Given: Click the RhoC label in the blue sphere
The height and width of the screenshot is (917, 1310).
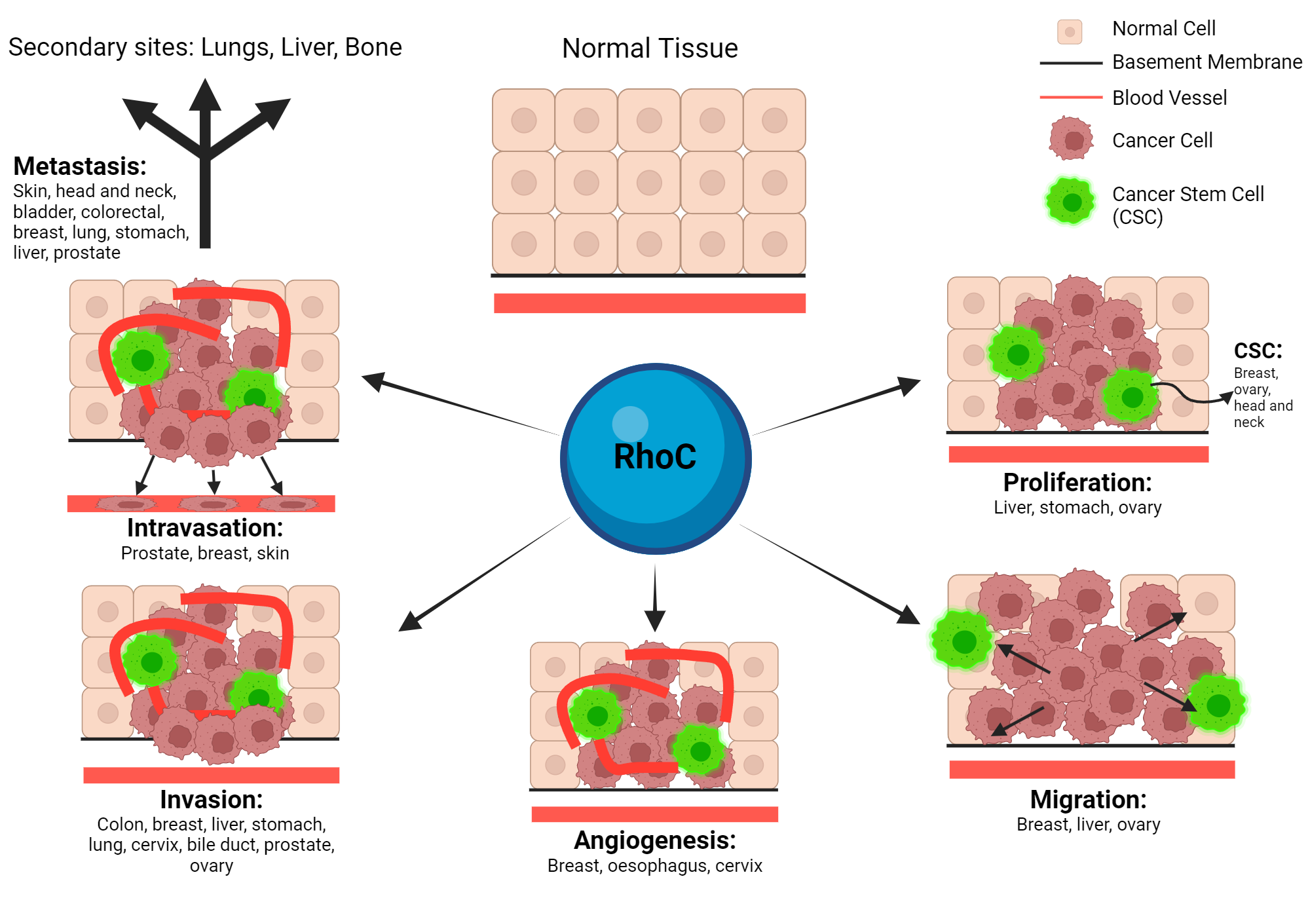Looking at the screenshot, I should [654, 457].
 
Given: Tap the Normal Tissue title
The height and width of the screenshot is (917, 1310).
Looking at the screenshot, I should [650, 48].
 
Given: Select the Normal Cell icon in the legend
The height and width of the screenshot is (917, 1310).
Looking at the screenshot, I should [1069, 31].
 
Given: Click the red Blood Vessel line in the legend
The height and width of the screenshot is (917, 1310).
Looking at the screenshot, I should [1071, 98].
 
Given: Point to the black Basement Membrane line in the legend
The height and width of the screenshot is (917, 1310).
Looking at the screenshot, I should [1071, 64].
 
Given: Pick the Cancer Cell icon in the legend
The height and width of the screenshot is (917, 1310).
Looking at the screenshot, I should [1071, 139].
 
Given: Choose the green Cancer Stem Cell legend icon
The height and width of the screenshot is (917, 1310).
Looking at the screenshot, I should [1070, 201].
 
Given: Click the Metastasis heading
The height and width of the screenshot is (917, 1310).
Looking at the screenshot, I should [80, 166].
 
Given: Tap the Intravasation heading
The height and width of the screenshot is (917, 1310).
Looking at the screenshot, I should [205, 528].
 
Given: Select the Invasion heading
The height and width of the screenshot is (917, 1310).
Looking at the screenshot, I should [211, 800].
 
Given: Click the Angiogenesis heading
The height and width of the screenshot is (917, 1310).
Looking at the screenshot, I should [655, 840].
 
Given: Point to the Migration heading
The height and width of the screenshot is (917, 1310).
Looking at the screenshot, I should [1088, 800].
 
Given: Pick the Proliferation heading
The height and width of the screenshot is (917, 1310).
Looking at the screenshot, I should [1077, 483].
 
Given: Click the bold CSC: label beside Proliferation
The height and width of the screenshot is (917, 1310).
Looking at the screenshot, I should [1258, 351].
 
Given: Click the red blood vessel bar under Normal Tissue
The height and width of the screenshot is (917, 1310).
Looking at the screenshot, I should [649, 303].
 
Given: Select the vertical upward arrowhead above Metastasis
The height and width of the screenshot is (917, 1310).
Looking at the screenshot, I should [205, 95].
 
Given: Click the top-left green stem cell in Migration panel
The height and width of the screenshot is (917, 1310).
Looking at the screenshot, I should [963, 640].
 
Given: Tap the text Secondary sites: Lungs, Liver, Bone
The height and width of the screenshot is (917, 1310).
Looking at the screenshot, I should [205, 48].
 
